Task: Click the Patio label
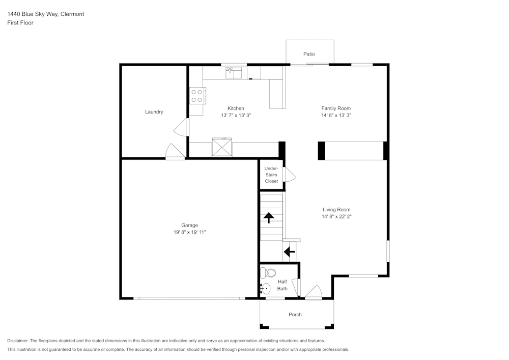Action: [x=309, y=54]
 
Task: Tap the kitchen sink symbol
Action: [x=234, y=72]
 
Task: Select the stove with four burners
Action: [x=197, y=96]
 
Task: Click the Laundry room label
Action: [x=154, y=112]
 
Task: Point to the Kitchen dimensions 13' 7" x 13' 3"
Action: [x=236, y=116]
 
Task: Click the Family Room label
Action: [x=335, y=108]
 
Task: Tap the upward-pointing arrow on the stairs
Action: [x=268, y=217]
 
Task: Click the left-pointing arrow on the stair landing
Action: [x=289, y=252]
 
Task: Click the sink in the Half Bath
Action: [x=265, y=289]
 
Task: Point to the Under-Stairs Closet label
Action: [x=271, y=175]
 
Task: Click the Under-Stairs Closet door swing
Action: [x=290, y=175]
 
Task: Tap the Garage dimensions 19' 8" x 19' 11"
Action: [x=189, y=232]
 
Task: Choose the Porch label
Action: [x=295, y=315]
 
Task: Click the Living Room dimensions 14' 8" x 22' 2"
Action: [x=336, y=216]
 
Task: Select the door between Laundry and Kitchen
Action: [x=181, y=128]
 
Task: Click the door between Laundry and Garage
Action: [x=175, y=152]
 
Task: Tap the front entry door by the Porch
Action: [x=313, y=292]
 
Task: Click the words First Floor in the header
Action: [x=20, y=23]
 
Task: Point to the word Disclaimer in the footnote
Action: [x=18, y=341]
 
